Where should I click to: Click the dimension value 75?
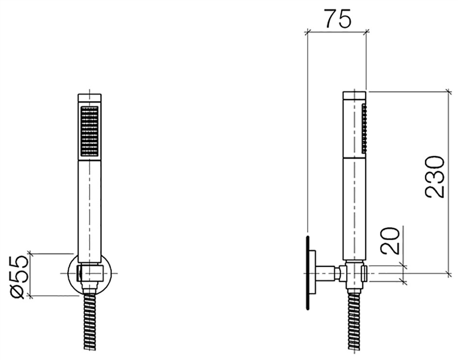pyautogui.click(x=338, y=20)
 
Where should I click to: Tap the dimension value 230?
pyautogui.click(x=435, y=177)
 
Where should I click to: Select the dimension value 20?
pyautogui.click(x=391, y=241)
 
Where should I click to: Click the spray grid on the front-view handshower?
pyautogui.click(x=89, y=131)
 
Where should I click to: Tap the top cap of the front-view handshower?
pyautogui.click(x=89, y=98)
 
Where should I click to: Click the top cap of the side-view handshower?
pyautogui.click(x=354, y=96)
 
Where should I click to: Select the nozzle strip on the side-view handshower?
pyautogui.click(x=364, y=128)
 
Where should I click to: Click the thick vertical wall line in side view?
pyautogui.click(x=307, y=272)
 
